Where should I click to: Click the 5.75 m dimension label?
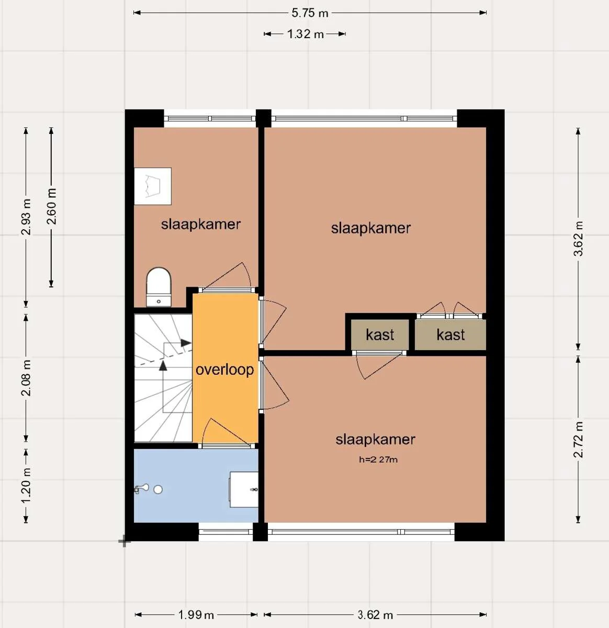click(x=310, y=13)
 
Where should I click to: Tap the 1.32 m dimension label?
click(x=305, y=34)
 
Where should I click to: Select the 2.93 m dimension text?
click(x=26, y=217)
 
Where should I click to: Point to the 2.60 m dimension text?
click(x=51, y=206)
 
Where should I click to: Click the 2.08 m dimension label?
click(x=26, y=378)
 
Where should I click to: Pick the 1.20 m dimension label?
click(x=26, y=486)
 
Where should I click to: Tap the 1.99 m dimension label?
click(x=196, y=615)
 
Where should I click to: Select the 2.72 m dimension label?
click(x=578, y=440)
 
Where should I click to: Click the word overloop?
click(x=224, y=369)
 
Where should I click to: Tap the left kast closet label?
click(x=380, y=335)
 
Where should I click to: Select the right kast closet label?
click(x=450, y=335)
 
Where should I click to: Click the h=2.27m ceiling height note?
click(x=378, y=460)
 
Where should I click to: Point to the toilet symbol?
click(x=159, y=287)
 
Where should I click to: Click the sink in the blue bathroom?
click(x=244, y=489)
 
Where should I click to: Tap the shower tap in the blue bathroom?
click(x=142, y=489)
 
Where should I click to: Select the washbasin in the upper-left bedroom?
click(x=153, y=186)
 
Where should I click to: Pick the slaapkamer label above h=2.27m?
click(x=375, y=440)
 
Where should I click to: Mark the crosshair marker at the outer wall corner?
click(x=124, y=542)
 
